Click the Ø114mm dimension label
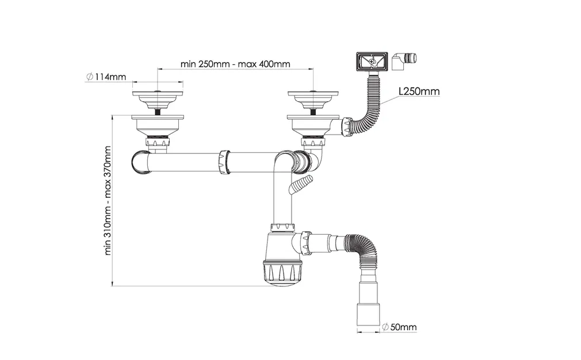106,77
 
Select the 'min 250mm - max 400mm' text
235,64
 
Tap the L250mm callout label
419,91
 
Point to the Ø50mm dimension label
399,327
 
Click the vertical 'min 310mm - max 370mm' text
108,200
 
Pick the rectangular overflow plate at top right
372,61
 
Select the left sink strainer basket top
158,98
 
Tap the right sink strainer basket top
313,98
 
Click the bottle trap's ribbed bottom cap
283,273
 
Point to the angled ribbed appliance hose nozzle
301,183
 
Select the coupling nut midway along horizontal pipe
225,162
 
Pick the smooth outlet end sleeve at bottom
369,315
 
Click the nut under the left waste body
158,141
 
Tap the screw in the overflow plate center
372,61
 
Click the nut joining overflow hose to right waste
347,126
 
